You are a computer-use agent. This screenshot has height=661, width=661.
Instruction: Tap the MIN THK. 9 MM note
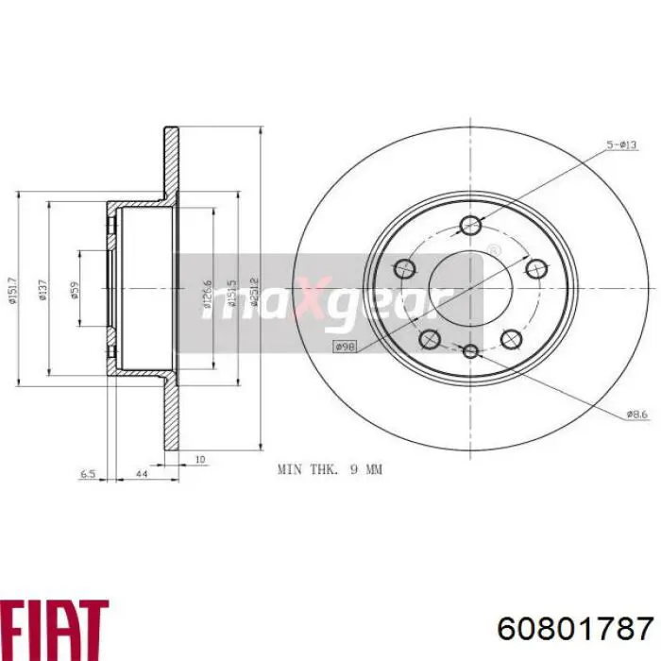point(330,468)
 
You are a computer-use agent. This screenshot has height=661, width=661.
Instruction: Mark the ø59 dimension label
point(74,291)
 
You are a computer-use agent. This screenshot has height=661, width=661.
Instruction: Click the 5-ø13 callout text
point(622,144)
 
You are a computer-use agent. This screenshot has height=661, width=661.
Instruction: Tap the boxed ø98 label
point(346,347)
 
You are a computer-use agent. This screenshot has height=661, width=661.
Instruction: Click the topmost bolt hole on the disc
point(470,225)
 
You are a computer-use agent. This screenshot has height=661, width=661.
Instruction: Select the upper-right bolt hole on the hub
point(538,267)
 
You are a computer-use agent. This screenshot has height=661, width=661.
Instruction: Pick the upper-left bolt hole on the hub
point(403,267)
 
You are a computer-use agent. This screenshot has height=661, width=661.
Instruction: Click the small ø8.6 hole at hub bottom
point(470,351)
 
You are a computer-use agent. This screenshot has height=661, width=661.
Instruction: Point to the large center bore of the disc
point(470,288)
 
